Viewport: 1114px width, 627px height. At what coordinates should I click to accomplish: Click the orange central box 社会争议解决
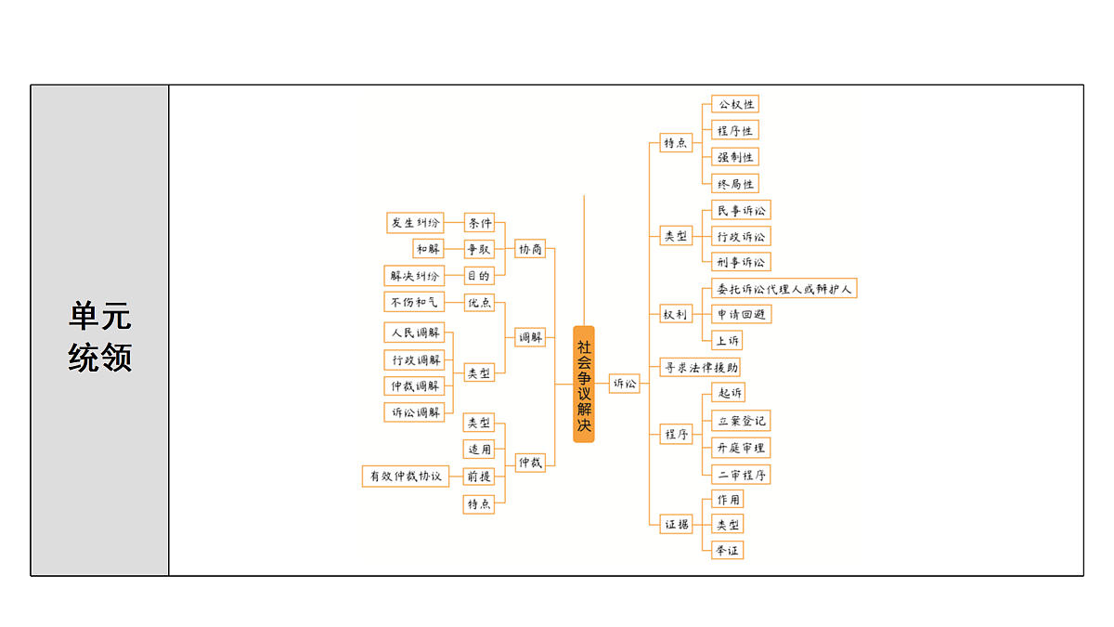583,384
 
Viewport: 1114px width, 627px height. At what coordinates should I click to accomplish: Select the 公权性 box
734,104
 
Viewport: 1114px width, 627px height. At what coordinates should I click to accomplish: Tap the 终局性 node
734,184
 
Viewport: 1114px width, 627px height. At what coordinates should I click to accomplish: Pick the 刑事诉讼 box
741,262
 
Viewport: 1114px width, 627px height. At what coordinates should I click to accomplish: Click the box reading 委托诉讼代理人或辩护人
784,288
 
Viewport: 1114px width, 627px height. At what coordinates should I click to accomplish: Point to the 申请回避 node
741,314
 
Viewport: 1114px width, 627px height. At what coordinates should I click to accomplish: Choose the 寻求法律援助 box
700,367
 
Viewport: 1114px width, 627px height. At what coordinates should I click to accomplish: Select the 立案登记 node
741,421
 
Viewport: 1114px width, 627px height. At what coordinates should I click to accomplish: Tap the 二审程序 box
741,475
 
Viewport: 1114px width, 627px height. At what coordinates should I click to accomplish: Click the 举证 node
727,550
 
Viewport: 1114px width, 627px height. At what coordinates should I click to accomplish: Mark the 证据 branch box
676,524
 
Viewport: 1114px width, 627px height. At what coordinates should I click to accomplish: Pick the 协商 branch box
530,248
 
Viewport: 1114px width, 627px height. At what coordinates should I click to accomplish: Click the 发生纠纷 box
415,222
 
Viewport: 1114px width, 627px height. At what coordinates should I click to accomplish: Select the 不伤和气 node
414,302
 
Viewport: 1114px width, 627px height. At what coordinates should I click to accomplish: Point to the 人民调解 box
414,332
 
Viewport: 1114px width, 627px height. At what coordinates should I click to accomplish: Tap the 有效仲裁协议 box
406,476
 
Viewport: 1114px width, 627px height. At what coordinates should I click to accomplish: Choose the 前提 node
478,476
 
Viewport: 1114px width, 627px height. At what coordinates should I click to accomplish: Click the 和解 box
428,248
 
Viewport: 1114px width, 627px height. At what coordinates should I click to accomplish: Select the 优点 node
479,302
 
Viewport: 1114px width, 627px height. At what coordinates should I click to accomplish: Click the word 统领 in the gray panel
100,357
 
